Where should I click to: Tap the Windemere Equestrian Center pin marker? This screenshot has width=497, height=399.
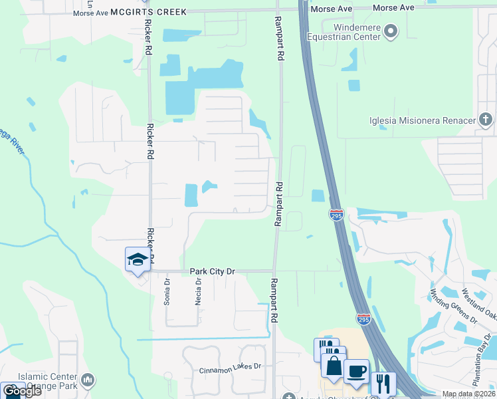click(391, 31)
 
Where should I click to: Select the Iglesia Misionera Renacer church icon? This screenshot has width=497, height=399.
click(486, 120)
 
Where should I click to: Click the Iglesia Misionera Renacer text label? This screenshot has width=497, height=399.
click(423, 120)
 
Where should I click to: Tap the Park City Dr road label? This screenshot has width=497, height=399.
click(213, 271)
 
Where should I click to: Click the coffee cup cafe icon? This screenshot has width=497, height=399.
click(356, 372)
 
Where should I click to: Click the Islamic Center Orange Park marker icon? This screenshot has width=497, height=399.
click(88, 380)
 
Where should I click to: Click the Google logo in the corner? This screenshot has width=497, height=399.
click(21, 391)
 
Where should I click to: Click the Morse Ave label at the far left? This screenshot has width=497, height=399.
click(90, 13)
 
